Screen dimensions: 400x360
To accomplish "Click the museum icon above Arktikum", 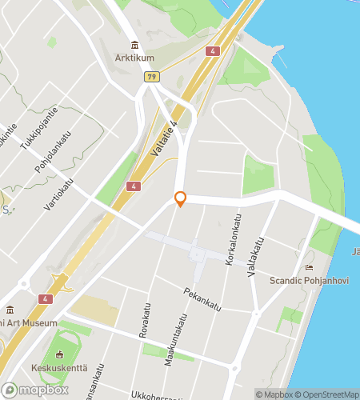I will tap(134, 45).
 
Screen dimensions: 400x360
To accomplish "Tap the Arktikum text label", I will tap(134, 58).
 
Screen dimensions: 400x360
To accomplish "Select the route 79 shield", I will tap(150, 76).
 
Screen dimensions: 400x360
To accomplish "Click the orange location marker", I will tap(181, 198).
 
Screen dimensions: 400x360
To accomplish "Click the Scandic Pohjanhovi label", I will tap(309, 280).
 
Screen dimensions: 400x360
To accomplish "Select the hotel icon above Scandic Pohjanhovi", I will tap(309, 267).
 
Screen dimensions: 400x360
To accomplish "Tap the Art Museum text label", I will tap(29, 322).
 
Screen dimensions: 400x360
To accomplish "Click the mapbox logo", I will tap(32, 390).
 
